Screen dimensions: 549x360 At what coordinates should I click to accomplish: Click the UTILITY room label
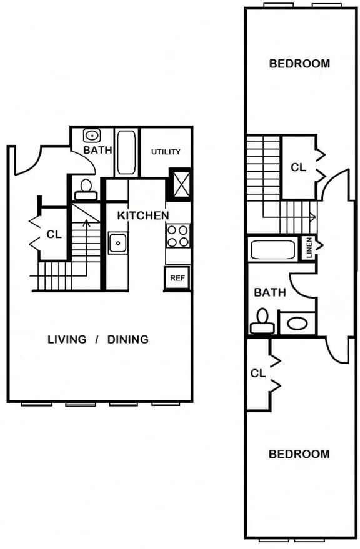point(166,152)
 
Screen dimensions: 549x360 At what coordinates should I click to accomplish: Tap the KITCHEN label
point(143,215)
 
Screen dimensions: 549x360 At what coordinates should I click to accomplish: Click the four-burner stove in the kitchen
point(177,235)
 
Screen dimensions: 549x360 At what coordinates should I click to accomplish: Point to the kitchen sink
point(117,242)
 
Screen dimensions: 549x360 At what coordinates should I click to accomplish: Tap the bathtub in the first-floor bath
point(126,152)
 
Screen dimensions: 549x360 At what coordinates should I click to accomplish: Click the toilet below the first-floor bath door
point(86,188)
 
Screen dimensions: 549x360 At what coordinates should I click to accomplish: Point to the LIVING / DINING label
point(98,339)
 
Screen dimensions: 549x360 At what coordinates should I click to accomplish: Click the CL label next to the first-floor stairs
point(54,235)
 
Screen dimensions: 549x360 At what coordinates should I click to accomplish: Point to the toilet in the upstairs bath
point(261,322)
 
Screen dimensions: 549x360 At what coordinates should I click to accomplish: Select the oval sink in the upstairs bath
point(297,324)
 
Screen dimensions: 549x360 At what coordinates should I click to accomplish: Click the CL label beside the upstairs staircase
point(298,167)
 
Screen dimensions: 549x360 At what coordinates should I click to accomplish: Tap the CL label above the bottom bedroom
point(257,373)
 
